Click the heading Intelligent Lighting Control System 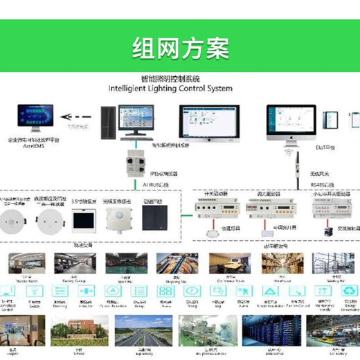pyautogui.click(x=170, y=89)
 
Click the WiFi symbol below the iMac pyautogui.click(x=289, y=147)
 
